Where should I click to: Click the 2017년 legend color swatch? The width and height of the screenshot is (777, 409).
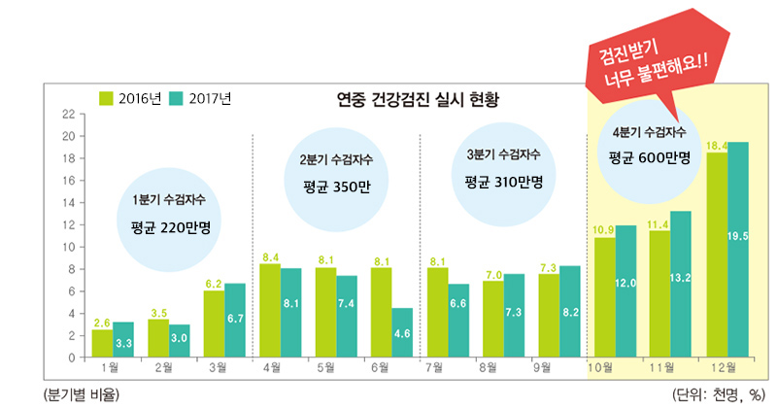[176, 98]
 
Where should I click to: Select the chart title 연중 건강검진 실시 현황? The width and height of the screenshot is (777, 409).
[417, 99]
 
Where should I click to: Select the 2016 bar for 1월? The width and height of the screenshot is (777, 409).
[102, 343]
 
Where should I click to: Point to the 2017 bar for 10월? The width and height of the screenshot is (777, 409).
[626, 291]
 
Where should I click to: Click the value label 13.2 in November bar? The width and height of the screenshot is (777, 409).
[681, 278]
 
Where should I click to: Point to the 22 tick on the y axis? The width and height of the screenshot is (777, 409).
[67, 114]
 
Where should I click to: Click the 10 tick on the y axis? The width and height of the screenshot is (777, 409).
[67, 247]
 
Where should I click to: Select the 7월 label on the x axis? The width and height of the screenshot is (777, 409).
[434, 368]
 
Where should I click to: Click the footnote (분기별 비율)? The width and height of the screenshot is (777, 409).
[78, 393]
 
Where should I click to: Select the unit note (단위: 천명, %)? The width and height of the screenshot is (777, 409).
[719, 393]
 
